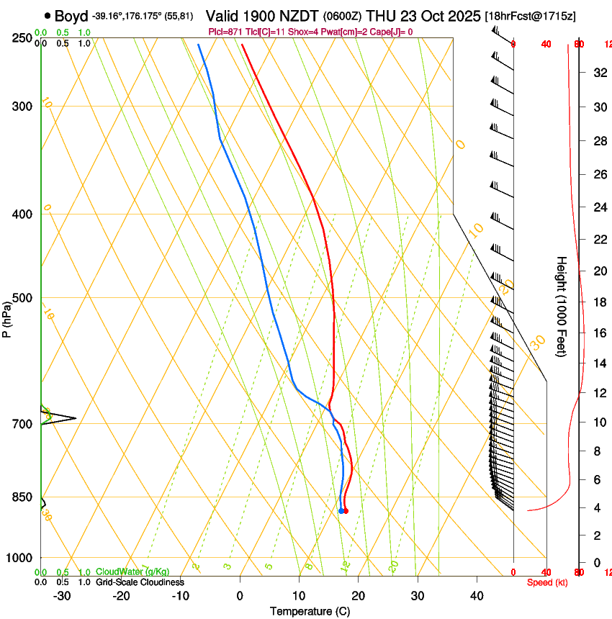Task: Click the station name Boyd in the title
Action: (x=71, y=16)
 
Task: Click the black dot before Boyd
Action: (x=48, y=16)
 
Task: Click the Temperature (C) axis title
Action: (x=310, y=611)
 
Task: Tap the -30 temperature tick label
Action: (x=62, y=595)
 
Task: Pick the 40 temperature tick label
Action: (x=477, y=595)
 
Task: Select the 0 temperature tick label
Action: (x=240, y=595)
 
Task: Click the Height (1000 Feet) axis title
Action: (x=562, y=306)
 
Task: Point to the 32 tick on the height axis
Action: (x=598, y=73)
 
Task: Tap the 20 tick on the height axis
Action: (x=598, y=271)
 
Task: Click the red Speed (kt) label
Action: (x=547, y=582)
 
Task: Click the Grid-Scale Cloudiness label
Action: (x=139, y=582)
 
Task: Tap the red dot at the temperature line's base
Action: (x=346, y=511)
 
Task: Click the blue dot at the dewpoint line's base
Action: (x=341, y=511)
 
